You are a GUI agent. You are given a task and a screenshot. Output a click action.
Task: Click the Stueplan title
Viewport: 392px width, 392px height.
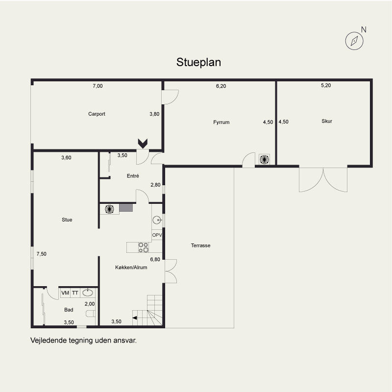coord(198,63)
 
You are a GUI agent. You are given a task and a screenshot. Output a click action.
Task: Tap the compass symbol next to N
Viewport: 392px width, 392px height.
coord(354,41)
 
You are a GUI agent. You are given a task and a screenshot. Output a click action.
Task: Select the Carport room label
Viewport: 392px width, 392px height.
coord(97,114)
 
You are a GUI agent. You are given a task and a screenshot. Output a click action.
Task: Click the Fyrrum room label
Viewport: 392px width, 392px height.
coord(221,122)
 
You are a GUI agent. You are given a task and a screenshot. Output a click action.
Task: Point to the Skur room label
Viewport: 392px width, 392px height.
coord(327,121)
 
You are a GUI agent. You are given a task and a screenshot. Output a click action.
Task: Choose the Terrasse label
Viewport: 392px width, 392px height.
coord(200,245)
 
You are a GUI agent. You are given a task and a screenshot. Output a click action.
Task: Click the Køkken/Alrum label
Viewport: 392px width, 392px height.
coord(131,267)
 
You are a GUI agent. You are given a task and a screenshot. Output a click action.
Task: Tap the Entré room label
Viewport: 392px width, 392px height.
coord(133,176)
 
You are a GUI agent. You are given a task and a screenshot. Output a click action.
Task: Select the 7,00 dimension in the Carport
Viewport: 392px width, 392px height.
coord(98,86)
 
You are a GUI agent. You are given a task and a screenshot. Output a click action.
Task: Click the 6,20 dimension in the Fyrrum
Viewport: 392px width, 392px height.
coord(221,86)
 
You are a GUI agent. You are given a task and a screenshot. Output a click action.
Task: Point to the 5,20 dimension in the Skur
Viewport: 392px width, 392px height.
coord(326,85)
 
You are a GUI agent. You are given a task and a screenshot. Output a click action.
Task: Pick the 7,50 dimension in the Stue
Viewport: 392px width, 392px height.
coord(42,254)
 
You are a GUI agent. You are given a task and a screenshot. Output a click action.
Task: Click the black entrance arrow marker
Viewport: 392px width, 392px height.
coord(143,143)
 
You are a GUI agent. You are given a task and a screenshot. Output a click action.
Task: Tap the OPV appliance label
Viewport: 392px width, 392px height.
coord(157,235)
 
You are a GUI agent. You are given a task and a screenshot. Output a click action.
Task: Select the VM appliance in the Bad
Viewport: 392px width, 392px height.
coord(65,293)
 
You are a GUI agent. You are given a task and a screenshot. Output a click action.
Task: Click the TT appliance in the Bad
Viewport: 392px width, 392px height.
coord(75,293)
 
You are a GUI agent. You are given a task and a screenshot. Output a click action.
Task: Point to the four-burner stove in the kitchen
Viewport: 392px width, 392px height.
coord(144,247)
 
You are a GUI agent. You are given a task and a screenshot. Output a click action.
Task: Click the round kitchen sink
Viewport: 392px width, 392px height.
coord(157,220)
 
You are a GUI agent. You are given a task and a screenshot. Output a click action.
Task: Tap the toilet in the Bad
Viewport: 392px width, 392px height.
coord(91,314)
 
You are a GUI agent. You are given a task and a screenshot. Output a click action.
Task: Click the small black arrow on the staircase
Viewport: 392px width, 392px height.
coord(134,318)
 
